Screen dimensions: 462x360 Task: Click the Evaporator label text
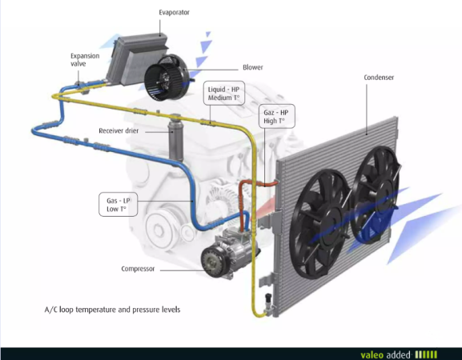[x=174, y=13]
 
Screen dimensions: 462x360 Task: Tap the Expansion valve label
[x=85, y=60]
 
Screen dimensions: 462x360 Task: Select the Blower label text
[x=253, y=67]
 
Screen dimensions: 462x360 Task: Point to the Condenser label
[x=379, y=78]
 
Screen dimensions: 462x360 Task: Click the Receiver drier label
[x=119, y=130]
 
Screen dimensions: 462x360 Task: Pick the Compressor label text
[x=138, y=269]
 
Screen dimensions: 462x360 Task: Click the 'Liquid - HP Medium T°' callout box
[x=224, y=94]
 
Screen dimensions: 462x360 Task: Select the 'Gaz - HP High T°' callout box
[x=277, y=116]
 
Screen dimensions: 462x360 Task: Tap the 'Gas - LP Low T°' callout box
[x=119, y=205]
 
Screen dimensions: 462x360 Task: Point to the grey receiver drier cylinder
[x=175, y=138]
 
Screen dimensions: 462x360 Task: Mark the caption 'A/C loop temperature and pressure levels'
[x=112, y=310]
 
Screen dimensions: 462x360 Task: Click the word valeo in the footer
[x=372, y=355]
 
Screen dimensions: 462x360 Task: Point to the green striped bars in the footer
[x=426, y=354]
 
